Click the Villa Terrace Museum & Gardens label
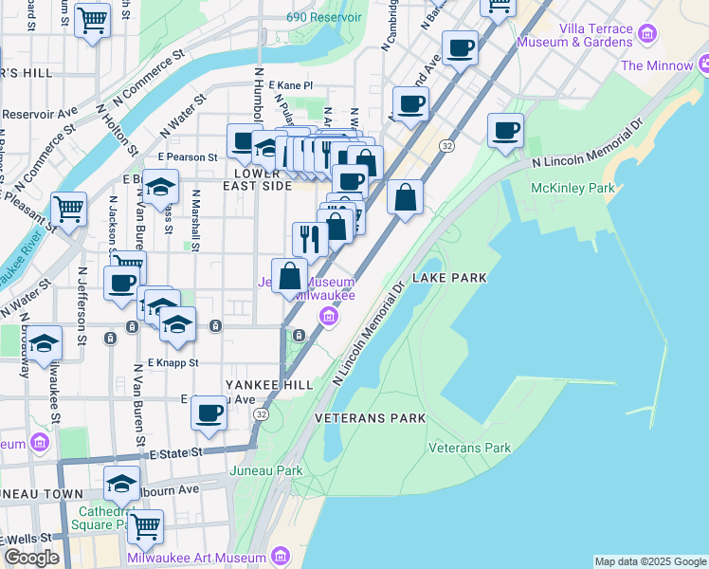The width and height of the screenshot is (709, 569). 595,35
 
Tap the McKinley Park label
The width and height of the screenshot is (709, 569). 573,188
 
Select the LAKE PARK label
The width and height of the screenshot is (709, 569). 449,278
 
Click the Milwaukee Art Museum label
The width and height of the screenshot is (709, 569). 197,556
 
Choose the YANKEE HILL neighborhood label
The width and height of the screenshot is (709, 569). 267,385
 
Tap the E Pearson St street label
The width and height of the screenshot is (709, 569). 188,156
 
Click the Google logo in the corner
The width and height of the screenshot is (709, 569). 30,558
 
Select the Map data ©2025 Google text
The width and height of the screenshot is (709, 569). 650,561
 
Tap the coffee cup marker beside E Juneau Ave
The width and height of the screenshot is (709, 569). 209,413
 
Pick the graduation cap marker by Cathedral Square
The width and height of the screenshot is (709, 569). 120,484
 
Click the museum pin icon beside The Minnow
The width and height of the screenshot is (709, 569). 702,64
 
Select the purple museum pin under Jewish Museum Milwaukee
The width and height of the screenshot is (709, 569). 328,317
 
